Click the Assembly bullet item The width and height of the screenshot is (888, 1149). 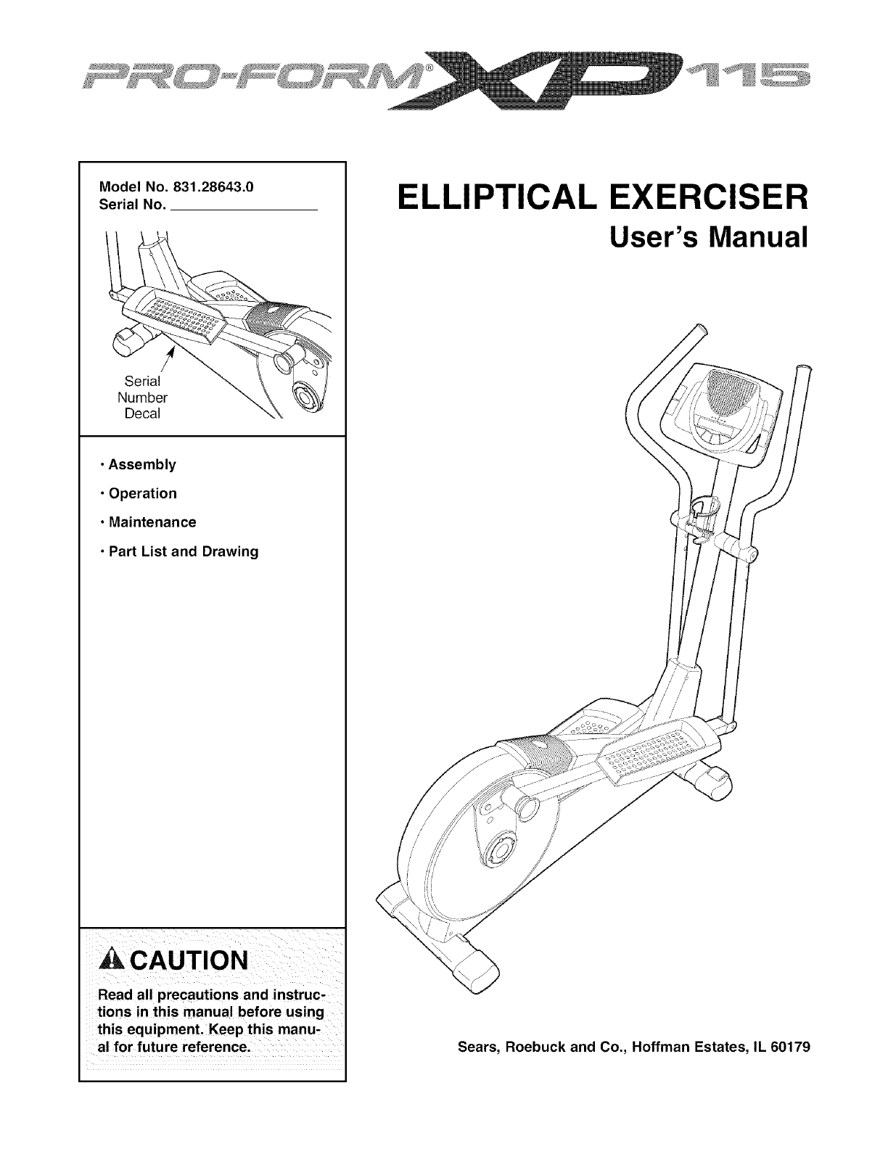coord(142,464)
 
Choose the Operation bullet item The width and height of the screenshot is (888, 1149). coord(142,493)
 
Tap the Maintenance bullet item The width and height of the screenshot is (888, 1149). coord(152,522)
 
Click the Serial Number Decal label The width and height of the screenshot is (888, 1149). coord(142,398)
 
